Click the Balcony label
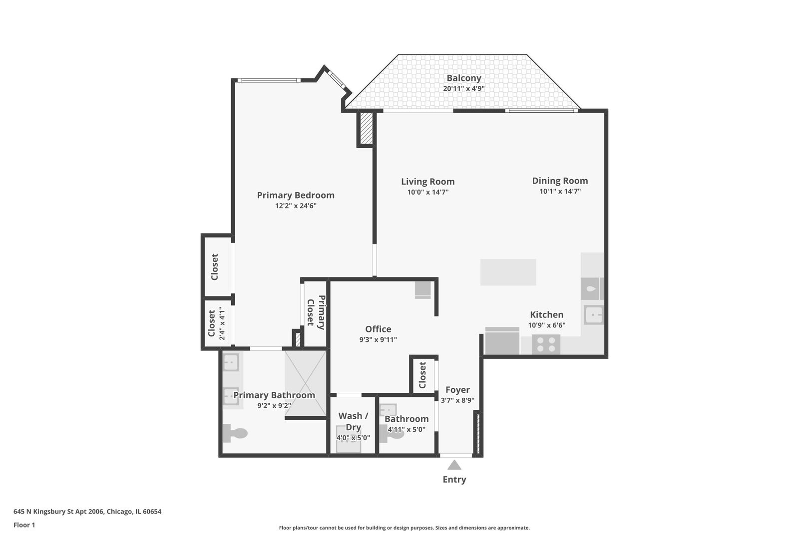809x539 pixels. click(x=463, y=78)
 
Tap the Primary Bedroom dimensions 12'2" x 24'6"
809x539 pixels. click(x=296, y=206)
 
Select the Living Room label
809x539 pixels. click(x=427, y=182)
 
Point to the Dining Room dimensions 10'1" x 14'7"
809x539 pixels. click(x=560, y=191)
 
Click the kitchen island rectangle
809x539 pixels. click(x=508, y=272)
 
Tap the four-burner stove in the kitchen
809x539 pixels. click(x=546, y=344)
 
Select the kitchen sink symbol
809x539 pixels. click(x=594, y=315)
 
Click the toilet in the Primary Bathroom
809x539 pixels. click(x=235, y=433)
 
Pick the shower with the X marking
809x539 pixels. click(x=306, y=383)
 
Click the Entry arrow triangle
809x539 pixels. click(x=454, y=465)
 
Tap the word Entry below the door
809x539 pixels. click(x=454, y=480)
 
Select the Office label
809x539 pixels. click(x=378, y=329)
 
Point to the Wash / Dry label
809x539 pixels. click(x=353, y=421)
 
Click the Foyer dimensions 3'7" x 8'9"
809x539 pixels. click(x=457, y=400)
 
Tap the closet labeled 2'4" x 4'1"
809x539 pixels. click(x=216, y=323)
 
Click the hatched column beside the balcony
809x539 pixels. click(x=367, y=129)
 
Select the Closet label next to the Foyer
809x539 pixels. click(x=422, y=375)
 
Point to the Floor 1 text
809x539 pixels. click(x=24, y=525)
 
